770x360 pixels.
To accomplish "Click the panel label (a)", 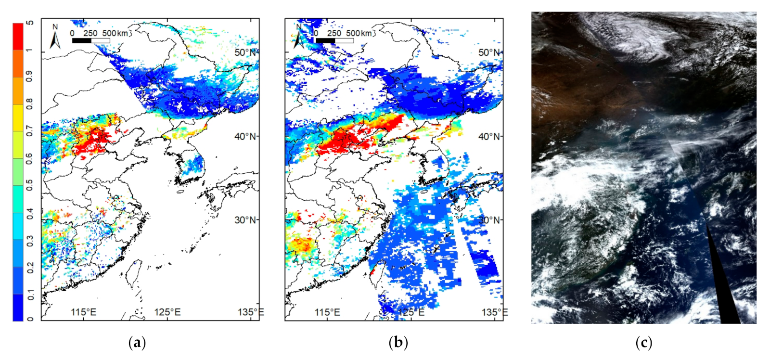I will click(138, 343).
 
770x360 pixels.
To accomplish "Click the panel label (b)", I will click(398, 343).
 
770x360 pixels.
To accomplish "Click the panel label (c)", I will click(644, 343).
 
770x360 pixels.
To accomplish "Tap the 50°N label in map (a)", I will click(246, 52).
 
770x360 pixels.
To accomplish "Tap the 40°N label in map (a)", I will click(246, 136).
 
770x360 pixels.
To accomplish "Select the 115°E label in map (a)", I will click(84, 312).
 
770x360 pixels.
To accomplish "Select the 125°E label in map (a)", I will click(167, 312).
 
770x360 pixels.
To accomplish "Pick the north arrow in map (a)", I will click(55, 38).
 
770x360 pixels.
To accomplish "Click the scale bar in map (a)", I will click(91, 40).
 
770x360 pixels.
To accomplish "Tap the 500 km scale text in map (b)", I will click(359, 33).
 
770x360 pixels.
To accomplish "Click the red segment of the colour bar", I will click(18, 36).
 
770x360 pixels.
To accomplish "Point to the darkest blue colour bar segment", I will click(18, 308).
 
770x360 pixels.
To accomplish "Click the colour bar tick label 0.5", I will click(30, 185).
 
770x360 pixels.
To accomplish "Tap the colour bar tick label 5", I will click(30, 23).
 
